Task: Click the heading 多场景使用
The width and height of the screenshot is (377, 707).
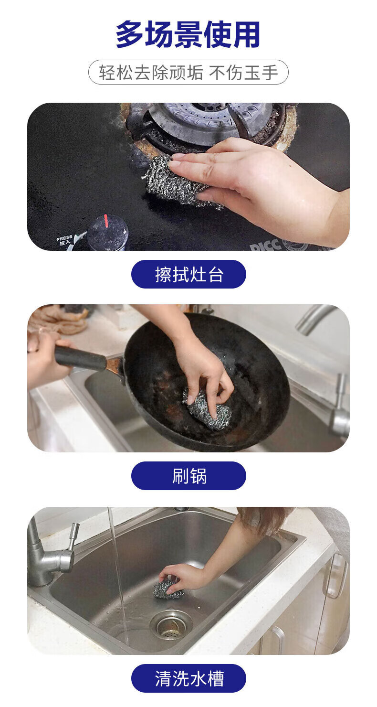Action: (188, 35)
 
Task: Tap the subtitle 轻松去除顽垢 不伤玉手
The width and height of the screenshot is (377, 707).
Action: (188, 72)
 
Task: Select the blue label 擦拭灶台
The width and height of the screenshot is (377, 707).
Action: (188, 274)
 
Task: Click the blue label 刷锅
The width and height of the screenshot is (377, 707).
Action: (188, 476)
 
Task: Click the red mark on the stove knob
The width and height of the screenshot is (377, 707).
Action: (106, 221)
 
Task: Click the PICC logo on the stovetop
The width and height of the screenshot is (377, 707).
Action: (265, 244)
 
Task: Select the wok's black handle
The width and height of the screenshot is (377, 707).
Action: (80, 358)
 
